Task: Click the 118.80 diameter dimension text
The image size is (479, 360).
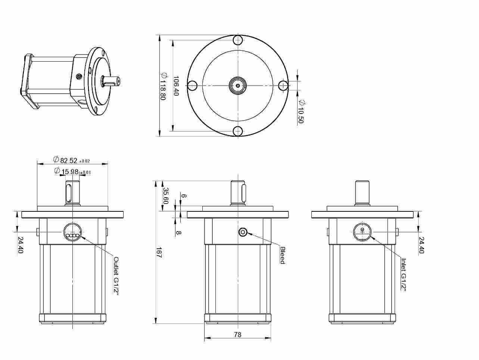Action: click(164, 86)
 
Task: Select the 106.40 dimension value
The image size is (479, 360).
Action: click(176, 86)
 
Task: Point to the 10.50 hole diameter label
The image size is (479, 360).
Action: click(301, 111)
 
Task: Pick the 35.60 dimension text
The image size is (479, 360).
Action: click(166, 195)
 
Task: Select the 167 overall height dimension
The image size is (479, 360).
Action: click(159, 253)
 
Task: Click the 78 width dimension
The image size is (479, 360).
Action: click(238, 335)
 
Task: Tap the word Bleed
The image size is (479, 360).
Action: click(283, 255)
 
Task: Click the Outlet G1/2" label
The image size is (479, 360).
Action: click(116, 276)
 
